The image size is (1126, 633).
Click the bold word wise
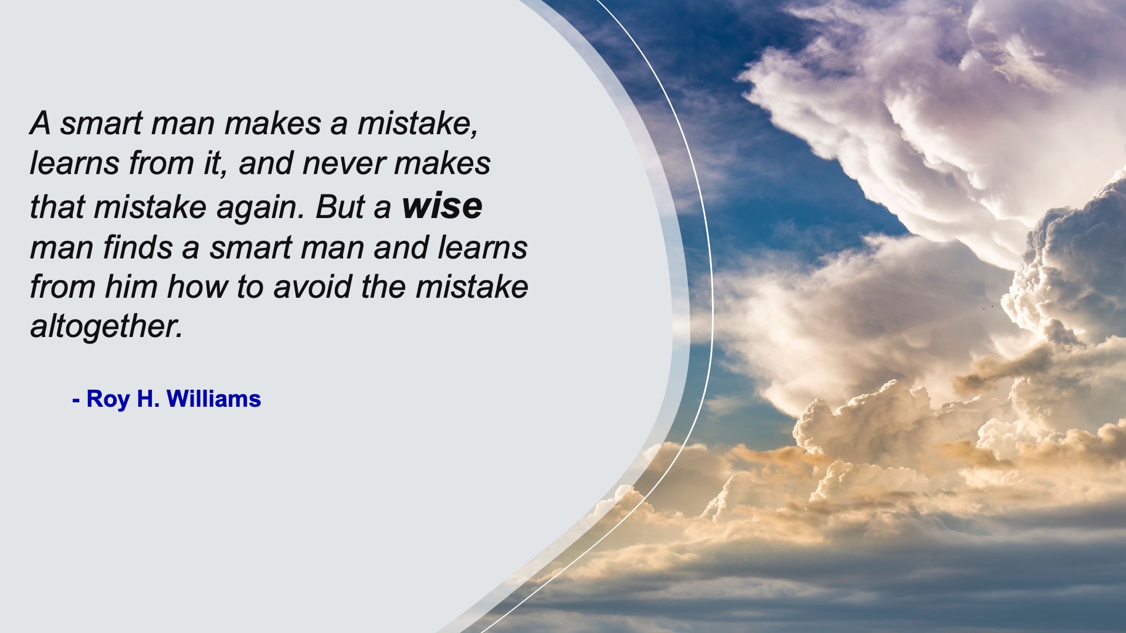pos(442,206)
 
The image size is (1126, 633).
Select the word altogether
pos(106,326)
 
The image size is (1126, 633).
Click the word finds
pos(138,247)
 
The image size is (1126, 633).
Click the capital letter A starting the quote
pos(40,123)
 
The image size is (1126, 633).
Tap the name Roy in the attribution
pos(108,399)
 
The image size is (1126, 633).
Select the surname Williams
pos(213,399)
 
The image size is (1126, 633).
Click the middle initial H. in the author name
pos(148,399)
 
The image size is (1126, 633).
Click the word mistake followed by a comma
pos(418,123)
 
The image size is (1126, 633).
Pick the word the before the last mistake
pos(384,287)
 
